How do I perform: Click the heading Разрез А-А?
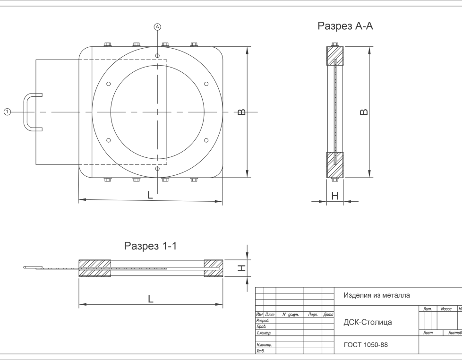(x=345, y=26)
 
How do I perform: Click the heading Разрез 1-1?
(x=150, y=246)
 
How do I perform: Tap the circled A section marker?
(x=158, y=27)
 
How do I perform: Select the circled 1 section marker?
(x=8, y=112)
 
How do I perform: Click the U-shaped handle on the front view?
(x=26, y=112)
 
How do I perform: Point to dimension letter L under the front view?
(x=150, y=195)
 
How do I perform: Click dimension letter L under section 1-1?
(x=151, y=299)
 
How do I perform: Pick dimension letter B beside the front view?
(x=241, y=112)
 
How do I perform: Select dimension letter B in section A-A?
(x=364, y=112)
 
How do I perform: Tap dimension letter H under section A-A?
(x=335, y=196)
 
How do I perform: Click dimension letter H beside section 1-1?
(x=241, y=268)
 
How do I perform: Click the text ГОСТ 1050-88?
(x=366, y=345)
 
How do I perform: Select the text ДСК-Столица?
(x=368, y=322)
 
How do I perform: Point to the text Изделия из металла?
(x=376, y=295)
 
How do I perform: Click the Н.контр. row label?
(x=264, y=345)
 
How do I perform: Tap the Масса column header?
(x=446, y=309)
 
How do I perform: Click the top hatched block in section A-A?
(x=335, y=56)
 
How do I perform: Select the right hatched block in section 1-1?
(x=214, y=268)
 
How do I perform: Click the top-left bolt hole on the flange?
(x=109, y=84)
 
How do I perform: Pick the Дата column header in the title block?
(x=328, y=315)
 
